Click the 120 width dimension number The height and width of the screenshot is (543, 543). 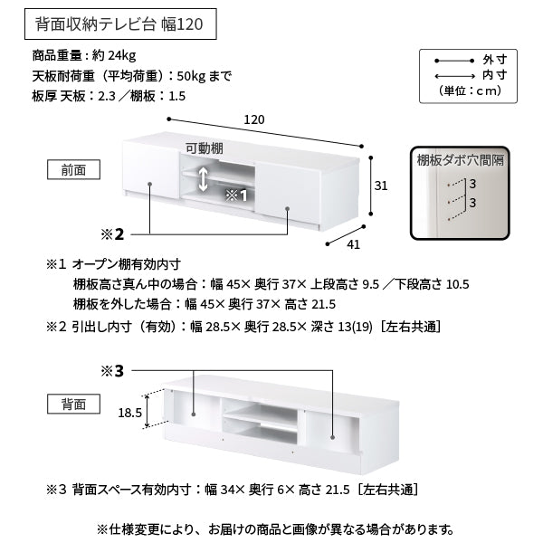(x=254, y=119)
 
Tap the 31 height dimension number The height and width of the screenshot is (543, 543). (x=381, y=186)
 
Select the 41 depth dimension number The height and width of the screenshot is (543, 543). (x=353, y=245)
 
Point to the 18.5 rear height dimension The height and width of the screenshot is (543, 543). (x=129, y=413)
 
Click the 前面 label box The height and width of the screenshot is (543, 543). (x=73, y=170)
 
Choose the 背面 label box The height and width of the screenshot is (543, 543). (x=73, y=404)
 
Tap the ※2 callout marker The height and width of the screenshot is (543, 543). (x=112, y=234)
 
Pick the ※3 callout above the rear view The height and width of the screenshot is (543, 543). (x=112, y=371)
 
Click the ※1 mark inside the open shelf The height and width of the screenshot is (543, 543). (x=236, y=195)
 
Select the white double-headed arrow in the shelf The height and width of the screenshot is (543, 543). (x=203, y=179)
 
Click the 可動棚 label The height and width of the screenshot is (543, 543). (x=205, y=148)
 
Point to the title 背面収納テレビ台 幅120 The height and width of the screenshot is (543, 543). (x=119, y=24)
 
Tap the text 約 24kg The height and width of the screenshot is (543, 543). (x=114, y=55)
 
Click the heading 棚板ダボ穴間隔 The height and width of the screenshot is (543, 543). (x=461, y=161)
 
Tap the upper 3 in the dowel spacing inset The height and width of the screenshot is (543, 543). (x=472, y=184)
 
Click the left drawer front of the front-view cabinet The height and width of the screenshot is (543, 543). (x=151, y=170)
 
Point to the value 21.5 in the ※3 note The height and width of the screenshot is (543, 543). (x=338, y=490)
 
